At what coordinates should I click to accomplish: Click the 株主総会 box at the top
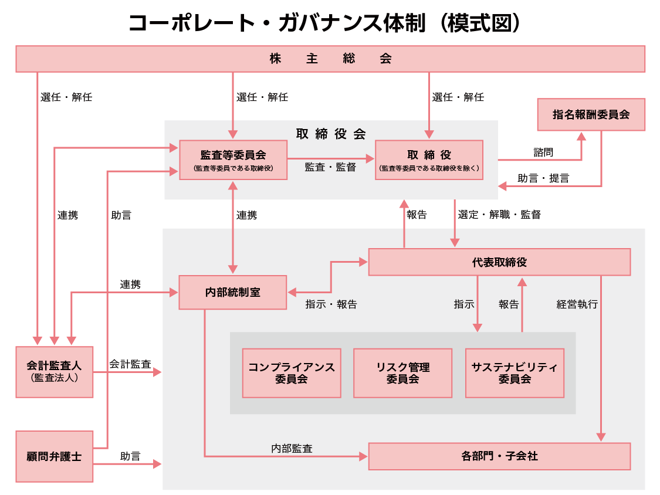(x=330, y=59)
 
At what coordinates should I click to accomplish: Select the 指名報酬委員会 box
(x=591, y=114)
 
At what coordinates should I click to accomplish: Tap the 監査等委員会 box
(x=233, y=160)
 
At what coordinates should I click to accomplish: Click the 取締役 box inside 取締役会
(x=429, y=160)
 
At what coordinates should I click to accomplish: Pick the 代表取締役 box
(x=499, y=262)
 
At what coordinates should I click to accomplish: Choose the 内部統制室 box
(x=233, y=292)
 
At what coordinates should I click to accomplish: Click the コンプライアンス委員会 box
(x=292, y=373)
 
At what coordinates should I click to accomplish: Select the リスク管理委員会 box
(x=402, y=373)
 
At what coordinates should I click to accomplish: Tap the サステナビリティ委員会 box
(x=515, y=373)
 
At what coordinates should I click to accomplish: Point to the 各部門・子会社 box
(x=499, y=456)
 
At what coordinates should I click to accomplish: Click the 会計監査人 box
(x=54, y=372)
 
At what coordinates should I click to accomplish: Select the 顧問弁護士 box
(x=54, y=456)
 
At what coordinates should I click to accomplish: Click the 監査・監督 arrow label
(x=330, y=167)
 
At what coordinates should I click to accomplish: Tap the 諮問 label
(x=543, y=152)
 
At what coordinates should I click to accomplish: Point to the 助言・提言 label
(x=543, y=178)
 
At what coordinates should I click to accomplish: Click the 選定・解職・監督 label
(x=499, y=215)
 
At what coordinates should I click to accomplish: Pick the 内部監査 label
(x=292, y=449)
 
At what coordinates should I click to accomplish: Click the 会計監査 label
(x=130, y=364)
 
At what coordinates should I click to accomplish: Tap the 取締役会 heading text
(x=331, y=134)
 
